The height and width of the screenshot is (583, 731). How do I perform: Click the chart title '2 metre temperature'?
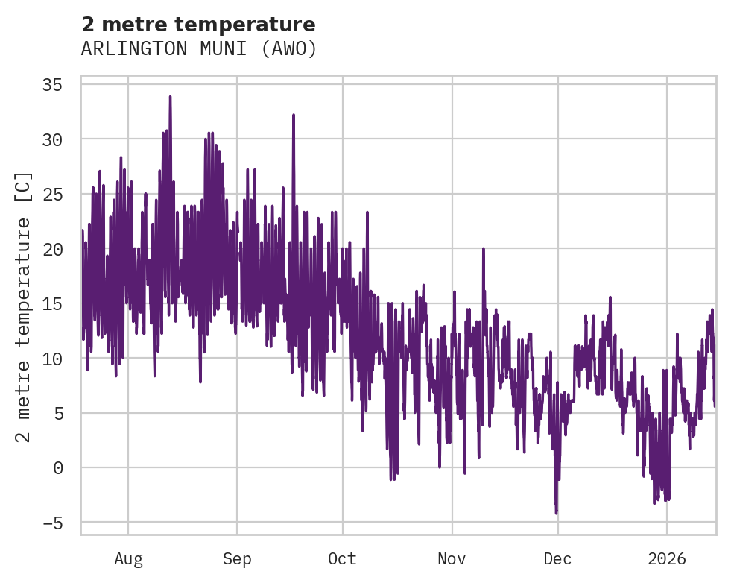click(198, 25)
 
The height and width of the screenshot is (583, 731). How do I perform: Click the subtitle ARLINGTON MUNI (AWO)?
click(198, 49)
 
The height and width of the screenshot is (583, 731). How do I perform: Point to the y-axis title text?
click(24, 307)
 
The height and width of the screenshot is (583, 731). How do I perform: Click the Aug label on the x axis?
click(128, 559)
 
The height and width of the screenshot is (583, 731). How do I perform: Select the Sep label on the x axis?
click(237, 559)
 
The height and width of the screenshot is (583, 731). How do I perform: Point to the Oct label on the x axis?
click(343, 559)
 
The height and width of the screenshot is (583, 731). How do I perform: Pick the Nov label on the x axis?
click(452, 559)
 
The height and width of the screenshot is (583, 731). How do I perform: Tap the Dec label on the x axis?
click(557, 559)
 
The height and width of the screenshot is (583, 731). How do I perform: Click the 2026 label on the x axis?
click(666, 559)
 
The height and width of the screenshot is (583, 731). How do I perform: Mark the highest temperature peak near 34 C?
click(170, 97)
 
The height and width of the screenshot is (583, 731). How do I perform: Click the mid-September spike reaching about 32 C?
click(294, 116)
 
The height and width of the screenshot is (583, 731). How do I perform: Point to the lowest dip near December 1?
click(556, 512)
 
